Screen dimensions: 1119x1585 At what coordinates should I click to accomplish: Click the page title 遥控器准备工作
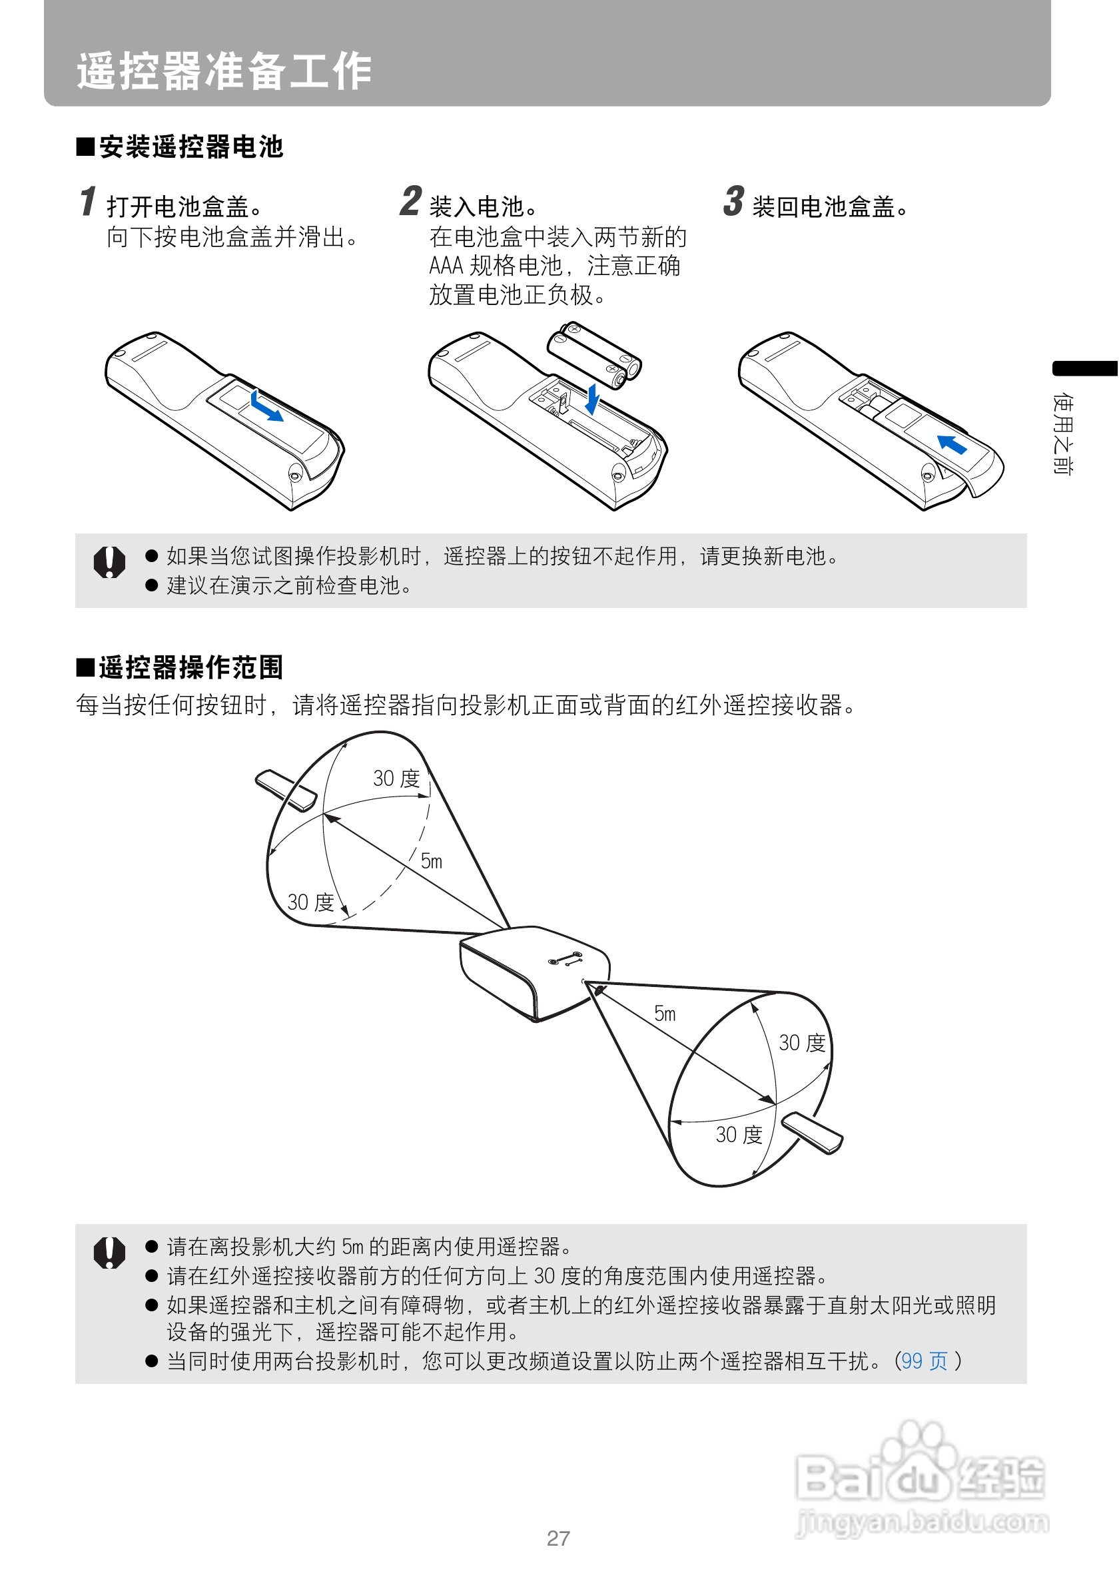click(224, 71)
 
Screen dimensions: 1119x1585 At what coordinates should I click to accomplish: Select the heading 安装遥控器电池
click(181, 147)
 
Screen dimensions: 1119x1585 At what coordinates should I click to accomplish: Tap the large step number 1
click(88, 202)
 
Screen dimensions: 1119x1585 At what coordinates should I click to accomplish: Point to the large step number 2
click(411, 202)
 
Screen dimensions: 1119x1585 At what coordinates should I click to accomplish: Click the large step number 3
click(733, 202)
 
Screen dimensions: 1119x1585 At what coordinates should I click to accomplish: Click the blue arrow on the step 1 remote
click(266, 406)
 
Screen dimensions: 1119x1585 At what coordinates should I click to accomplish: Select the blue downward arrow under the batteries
click(591, 399)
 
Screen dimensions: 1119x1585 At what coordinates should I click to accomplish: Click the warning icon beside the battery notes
click(109, 562)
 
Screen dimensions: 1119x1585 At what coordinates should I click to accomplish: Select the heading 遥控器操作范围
click(181, 667)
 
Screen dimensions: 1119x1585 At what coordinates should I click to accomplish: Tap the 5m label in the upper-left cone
click(432, 861)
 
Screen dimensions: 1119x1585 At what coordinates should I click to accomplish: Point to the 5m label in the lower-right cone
click(665, 1014)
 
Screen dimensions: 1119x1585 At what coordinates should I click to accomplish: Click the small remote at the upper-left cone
click(286, 789)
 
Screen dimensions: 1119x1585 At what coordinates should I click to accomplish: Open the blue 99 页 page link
click(925, 1361)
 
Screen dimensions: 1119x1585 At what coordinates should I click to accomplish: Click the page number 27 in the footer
click(558, 1538)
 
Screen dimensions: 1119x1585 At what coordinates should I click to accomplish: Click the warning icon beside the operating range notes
click(109, 1252)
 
